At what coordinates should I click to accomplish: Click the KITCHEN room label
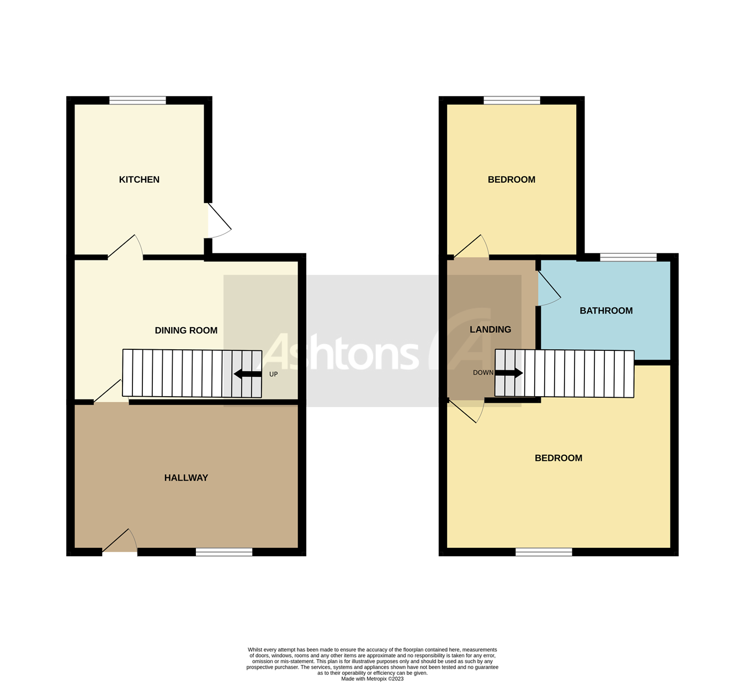[139, 179]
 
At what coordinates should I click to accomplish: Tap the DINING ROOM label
[186, 331]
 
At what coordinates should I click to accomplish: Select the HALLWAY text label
[186, 478]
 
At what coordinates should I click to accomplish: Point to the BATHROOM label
[606, 311]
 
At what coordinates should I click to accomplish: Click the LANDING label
[490, 329]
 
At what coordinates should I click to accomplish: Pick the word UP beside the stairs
[273, 374]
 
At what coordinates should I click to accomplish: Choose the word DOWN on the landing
[483, 372]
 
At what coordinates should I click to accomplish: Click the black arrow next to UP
[248, 374]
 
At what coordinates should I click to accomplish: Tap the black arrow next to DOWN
[509, 373]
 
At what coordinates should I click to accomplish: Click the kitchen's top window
[137, 100]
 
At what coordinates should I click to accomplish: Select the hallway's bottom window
[224, 552]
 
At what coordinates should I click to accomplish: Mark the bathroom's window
[628, 257]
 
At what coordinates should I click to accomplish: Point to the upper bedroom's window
[512, 100]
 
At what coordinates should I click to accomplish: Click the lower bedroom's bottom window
[544, 552]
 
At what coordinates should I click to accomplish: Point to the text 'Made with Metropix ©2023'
[372, 679]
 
